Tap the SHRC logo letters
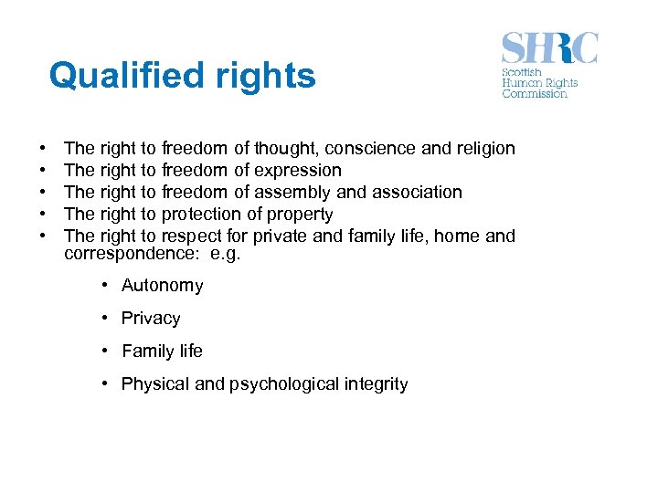549,47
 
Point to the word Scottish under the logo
522,72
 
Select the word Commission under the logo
535,93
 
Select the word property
300,214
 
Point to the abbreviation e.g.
225,255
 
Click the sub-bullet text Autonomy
163,286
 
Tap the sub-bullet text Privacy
151,319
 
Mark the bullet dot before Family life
106,351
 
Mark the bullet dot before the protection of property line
43,214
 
